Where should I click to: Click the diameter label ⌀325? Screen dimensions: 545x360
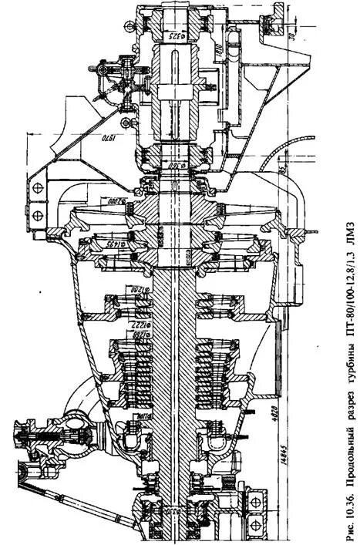tap(171, 36)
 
